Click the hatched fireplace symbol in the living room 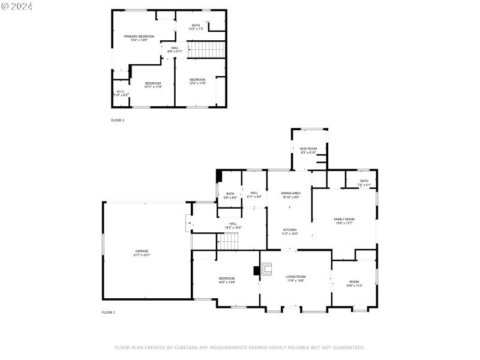tap(266, 269)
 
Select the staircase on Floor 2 tap(207, 49)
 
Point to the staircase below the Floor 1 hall tap(228, 242)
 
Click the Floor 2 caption tap(118, 121)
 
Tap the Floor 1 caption tap(108, 313)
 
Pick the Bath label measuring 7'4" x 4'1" tap(364, 182)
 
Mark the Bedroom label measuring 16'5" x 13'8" tap(227, 280)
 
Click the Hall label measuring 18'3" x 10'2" tap(233, 225)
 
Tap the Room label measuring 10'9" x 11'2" tap(354, 283)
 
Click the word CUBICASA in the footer tap(189, 347)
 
